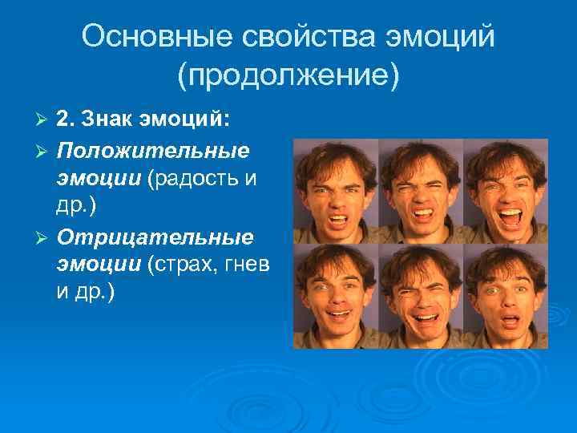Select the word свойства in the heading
click(x=293, y=37)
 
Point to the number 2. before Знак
click(x=66, y=119)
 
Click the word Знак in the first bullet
click(x=110, y=119)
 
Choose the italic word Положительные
click(x=152, y=150)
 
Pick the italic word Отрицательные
click(x=155, y=238)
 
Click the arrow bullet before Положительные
click(x=43, y=151)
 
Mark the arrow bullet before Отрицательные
click(x=43, y=239)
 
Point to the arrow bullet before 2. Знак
click(x=43, y=120)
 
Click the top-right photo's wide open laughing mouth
click(x=510, y=216)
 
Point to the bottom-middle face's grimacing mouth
click(x=420, y=318)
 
